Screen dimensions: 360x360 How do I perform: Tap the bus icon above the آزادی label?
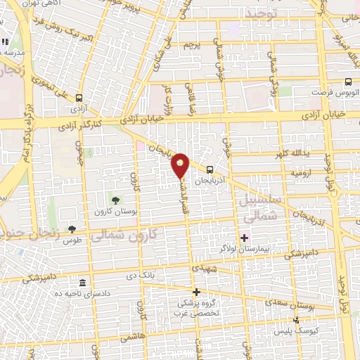pyautogui.click(x=78, y=99)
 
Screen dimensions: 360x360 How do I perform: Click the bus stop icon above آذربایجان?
pyautogui.click(x=210, y=169)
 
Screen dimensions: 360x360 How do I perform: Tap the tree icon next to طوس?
pyautogui.click(x=72, y=229)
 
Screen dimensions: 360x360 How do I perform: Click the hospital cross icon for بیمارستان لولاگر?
pyautogui.click(x=244, y=237)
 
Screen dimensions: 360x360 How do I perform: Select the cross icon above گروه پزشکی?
pyautogui.click(x=196, y=292)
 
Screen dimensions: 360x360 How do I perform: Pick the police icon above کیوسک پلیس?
pyautogui.click(x=295, y=320)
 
